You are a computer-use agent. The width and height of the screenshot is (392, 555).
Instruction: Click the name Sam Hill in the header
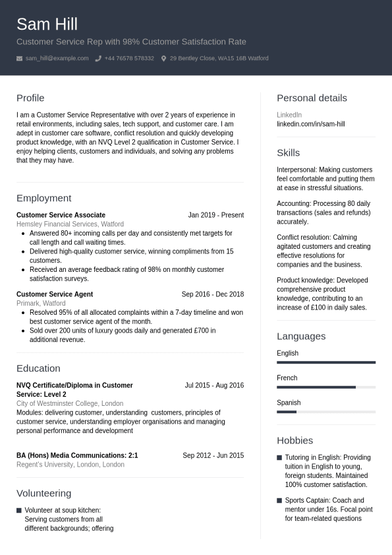coord(47,24)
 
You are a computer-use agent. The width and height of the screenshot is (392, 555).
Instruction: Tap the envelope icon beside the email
coord(20,59)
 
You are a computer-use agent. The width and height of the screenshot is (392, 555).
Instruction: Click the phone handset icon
coord(98,59)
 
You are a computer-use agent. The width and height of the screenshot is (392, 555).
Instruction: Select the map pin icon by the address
coord(163,59)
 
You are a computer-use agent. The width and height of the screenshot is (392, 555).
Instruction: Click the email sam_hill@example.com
coord(57,59)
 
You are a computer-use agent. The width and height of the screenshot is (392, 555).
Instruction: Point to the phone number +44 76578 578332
coord(129,59)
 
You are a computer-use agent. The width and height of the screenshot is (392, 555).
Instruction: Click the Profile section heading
coord(30,98)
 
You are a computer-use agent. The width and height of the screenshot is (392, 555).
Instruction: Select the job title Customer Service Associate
coord(61,215)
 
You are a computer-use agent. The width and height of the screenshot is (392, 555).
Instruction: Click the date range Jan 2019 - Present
coord(215,215)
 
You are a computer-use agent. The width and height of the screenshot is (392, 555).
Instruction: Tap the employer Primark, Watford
coord(41,304)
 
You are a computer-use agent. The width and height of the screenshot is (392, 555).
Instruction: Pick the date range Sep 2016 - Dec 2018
coord(212,294)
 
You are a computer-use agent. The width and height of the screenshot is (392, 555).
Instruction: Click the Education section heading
coord(38,368)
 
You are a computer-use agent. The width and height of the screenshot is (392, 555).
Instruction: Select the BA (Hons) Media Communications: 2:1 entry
coord(77,455)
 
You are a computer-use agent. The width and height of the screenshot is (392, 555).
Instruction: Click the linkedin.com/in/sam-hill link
coord(310,124)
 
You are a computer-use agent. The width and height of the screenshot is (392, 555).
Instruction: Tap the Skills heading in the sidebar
coord(288,153)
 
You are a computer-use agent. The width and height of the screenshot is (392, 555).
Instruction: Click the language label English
coord(287,353)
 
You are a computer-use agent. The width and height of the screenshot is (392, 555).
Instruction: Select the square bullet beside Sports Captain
coord(279,501)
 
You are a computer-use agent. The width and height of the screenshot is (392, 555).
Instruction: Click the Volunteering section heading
coord(43,494)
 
